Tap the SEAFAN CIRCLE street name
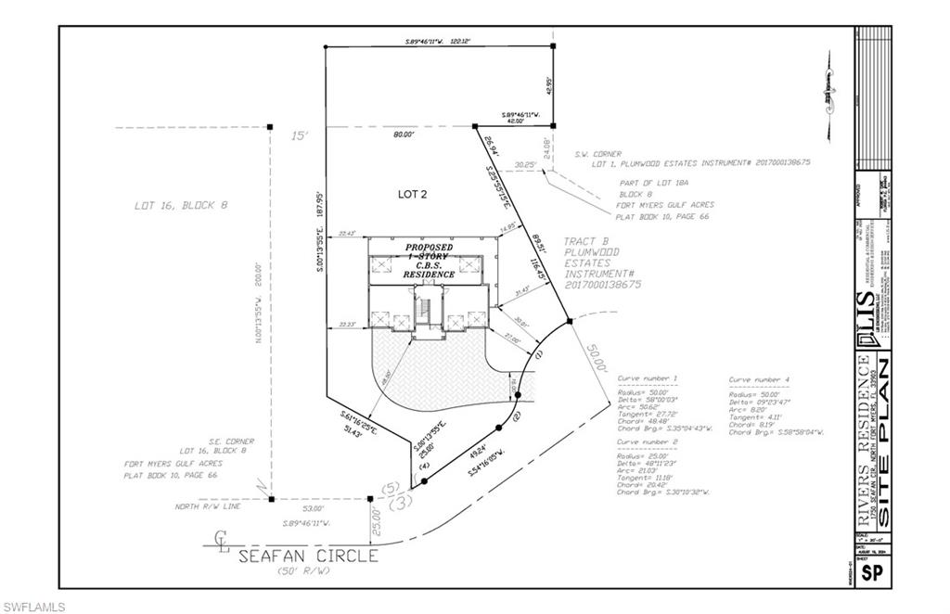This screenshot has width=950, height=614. point(308,556)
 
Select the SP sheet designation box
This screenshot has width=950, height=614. point(872,572)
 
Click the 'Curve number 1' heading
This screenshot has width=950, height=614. point(648,379)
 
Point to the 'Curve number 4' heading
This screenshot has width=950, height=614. point(759,379)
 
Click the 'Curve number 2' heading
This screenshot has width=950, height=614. point(648,442)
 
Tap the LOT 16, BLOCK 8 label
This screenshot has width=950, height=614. point(179,205)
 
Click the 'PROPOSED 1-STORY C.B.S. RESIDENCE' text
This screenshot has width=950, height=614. point(429,262)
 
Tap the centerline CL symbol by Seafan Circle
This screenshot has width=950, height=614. point(221,539)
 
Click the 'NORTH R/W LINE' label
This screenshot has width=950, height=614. point(208,507)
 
